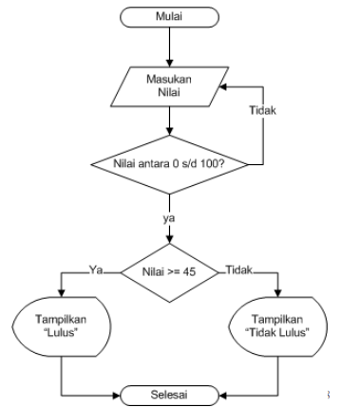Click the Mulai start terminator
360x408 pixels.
click(170, 17)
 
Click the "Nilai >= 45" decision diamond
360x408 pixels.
click(170, 272)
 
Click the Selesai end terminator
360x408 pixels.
click(170, 391)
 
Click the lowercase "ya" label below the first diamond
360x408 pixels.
click(170, 218)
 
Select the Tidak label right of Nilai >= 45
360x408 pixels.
click(237, 269)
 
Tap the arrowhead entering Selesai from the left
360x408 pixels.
click(125, 391)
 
